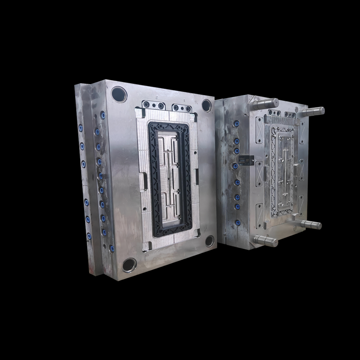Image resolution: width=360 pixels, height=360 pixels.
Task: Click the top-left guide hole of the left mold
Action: (x=119, y=94)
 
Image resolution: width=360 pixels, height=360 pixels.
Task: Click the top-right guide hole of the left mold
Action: (x=207, y=105)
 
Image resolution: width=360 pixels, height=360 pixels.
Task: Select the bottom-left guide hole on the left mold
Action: (x=129, y=265)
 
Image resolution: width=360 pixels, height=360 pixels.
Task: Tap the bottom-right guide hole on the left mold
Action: (x=210, y=241)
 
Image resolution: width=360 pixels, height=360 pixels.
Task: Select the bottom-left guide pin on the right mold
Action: (x=265, y=240)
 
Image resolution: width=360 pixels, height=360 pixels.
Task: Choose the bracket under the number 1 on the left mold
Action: (x=183, y=108)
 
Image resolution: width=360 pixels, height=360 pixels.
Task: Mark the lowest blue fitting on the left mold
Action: (x=112, y=248)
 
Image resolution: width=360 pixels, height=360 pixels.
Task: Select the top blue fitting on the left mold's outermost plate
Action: (x=81, y=129)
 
